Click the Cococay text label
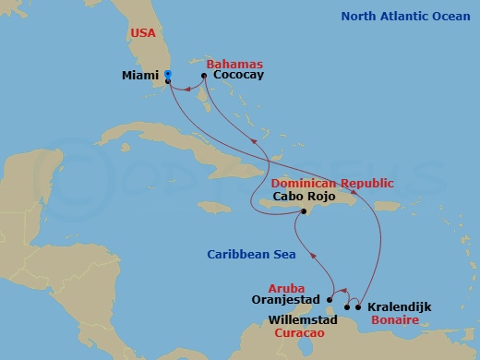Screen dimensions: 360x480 pos(238,76)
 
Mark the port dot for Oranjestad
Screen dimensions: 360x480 pos(330,299)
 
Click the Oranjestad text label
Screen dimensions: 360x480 pos(286,300)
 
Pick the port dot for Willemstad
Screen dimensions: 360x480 pos(347,306)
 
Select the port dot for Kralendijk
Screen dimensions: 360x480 pos(358,306)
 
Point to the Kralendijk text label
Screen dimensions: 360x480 pos(399,306)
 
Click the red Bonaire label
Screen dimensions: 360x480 pos(393,319)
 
